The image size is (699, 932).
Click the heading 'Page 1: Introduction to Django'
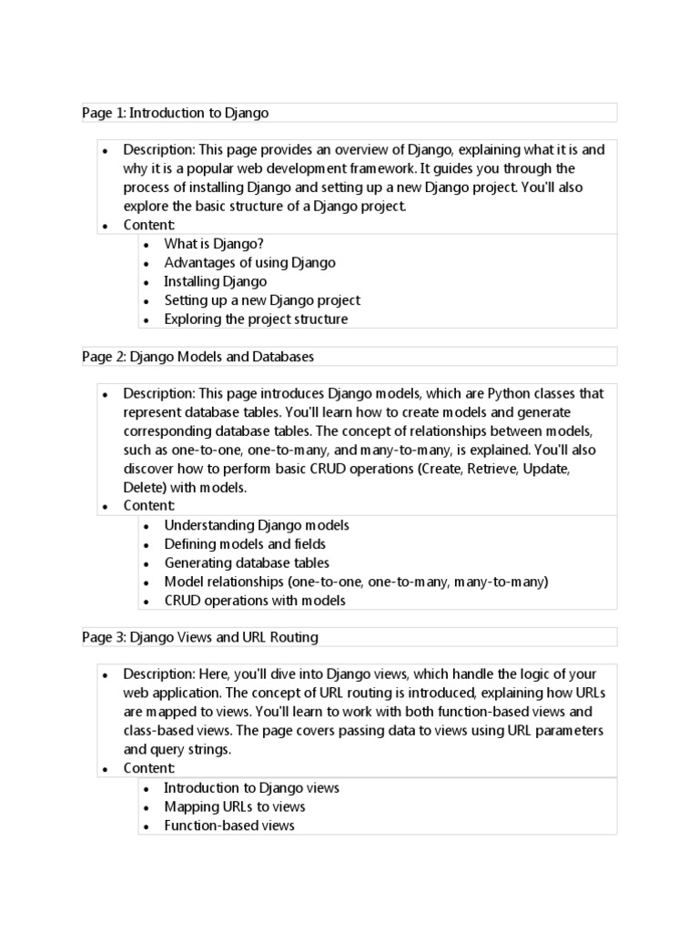[175, 113]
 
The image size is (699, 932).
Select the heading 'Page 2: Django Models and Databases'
[198, 357]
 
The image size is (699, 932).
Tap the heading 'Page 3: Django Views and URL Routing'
[199, 637]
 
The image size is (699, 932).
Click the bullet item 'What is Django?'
[213, 244]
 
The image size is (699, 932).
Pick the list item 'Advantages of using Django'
[249, 262]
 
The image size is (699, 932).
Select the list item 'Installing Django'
[215, 281]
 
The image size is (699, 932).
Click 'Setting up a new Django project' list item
[262, 299]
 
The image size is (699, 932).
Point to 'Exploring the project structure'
[256, 319]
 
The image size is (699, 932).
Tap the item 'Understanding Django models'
[257, 525]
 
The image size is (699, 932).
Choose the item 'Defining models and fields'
[245, 543]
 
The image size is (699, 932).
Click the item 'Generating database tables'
[247, 562]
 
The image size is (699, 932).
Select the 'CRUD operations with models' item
[255, 600]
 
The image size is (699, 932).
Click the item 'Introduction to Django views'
[252, 787]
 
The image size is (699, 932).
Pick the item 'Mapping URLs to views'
[235, 806]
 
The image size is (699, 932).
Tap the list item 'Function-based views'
[229, 826]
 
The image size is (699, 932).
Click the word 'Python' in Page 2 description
[511, 393]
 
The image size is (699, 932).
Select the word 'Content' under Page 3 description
[148, 768]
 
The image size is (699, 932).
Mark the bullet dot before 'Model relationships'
[147, 582]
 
